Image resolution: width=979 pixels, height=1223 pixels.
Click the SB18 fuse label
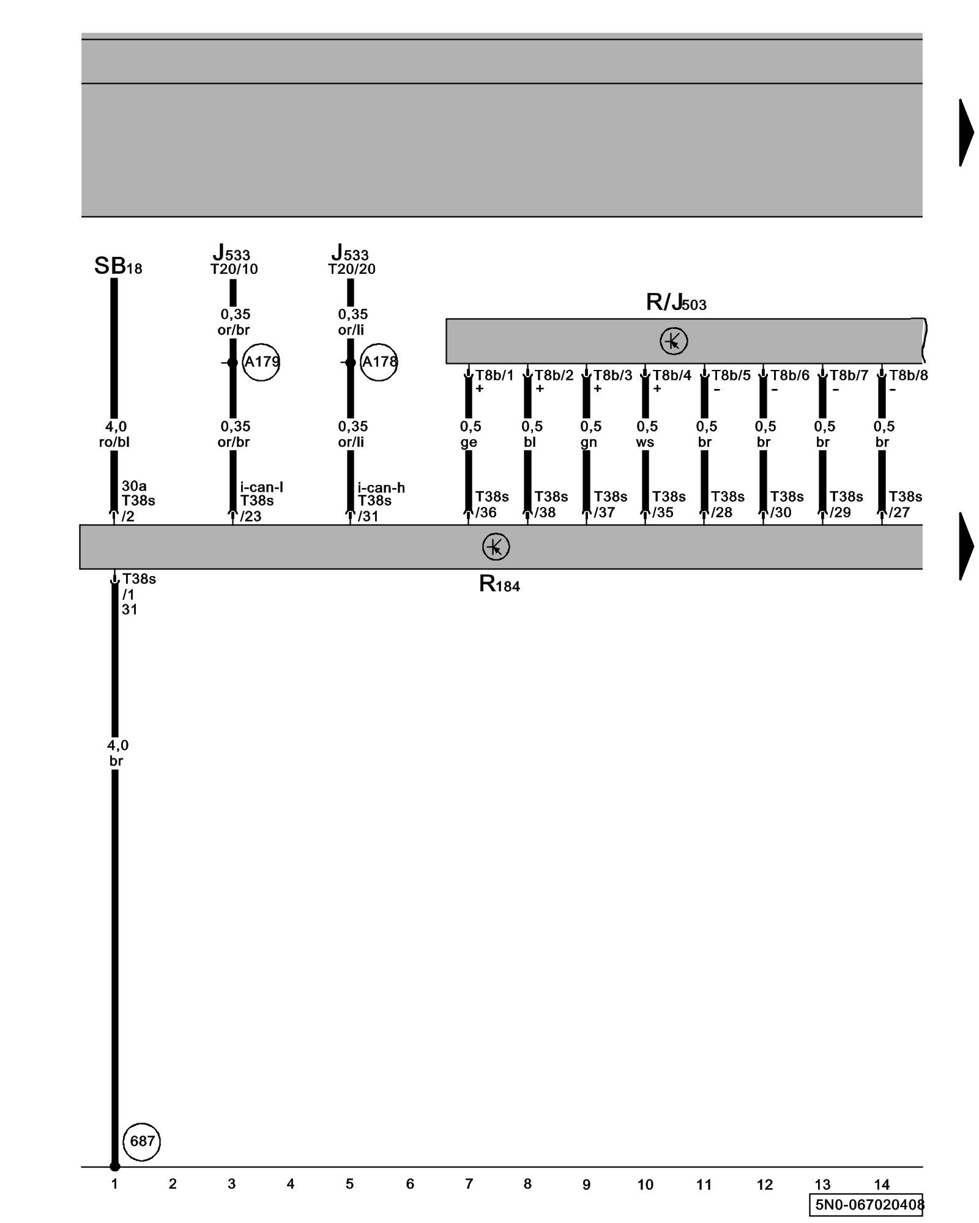[118, 266]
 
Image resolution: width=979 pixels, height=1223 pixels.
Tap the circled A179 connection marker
[261, 362]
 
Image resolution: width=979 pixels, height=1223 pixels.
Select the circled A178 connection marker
[379, 362]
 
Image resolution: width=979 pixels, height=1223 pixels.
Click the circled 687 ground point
[142, 1141]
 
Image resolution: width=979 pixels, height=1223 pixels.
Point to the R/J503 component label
[676, 302]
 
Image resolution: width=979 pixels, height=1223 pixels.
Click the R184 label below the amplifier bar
[499, 585]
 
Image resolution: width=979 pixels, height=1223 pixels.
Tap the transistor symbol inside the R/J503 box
[674, 341]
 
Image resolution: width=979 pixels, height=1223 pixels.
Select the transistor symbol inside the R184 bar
[496, 547]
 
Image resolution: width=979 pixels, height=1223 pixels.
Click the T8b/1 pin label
[494, 375]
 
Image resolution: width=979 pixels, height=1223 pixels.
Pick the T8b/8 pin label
[908, 375]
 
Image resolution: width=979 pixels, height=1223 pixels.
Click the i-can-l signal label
[261, 487]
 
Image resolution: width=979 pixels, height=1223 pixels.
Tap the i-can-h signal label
[381, 487]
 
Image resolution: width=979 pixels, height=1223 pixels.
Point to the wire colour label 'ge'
[469, 442]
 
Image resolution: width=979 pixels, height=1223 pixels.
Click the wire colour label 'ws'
[645, 442]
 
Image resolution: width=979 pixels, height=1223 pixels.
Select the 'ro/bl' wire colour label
[114, 442]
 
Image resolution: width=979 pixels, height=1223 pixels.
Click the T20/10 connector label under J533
[234, 269]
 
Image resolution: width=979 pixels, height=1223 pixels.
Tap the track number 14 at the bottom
[881, 1184]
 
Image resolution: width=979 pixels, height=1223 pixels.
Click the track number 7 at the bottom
[469, 1184]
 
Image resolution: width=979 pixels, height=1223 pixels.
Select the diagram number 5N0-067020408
[868, 1205]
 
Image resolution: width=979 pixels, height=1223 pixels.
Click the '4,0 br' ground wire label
[117, 753]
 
